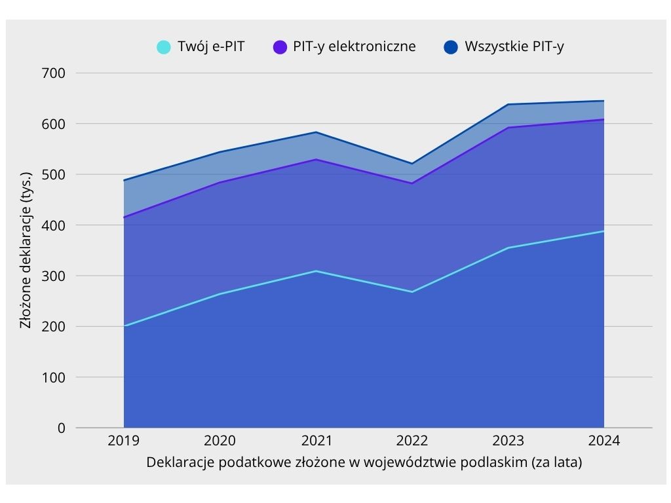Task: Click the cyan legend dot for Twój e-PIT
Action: coord(164,47)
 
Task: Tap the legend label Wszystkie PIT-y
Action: coord(514,47)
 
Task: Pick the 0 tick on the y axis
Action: coord(61,428)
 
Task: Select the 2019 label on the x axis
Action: coord(124,441)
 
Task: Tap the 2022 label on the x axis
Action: coord(412,441)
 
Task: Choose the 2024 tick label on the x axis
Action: coord(604,441)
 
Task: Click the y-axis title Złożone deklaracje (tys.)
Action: coord(26,250)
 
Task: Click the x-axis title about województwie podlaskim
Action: coord(364,462)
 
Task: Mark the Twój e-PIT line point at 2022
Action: coord(412,292)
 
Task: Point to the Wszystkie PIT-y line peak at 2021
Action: coord(316,132)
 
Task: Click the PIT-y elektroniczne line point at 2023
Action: coord(508,128)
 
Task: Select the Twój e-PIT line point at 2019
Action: coord(124,326)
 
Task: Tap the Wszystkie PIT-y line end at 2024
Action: coord(604,101)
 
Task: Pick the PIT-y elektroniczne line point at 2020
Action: coord(220,183)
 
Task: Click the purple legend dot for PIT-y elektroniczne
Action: coord(280,47)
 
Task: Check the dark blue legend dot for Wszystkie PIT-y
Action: coord(450,47)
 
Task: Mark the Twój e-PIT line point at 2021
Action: coord(316,271)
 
